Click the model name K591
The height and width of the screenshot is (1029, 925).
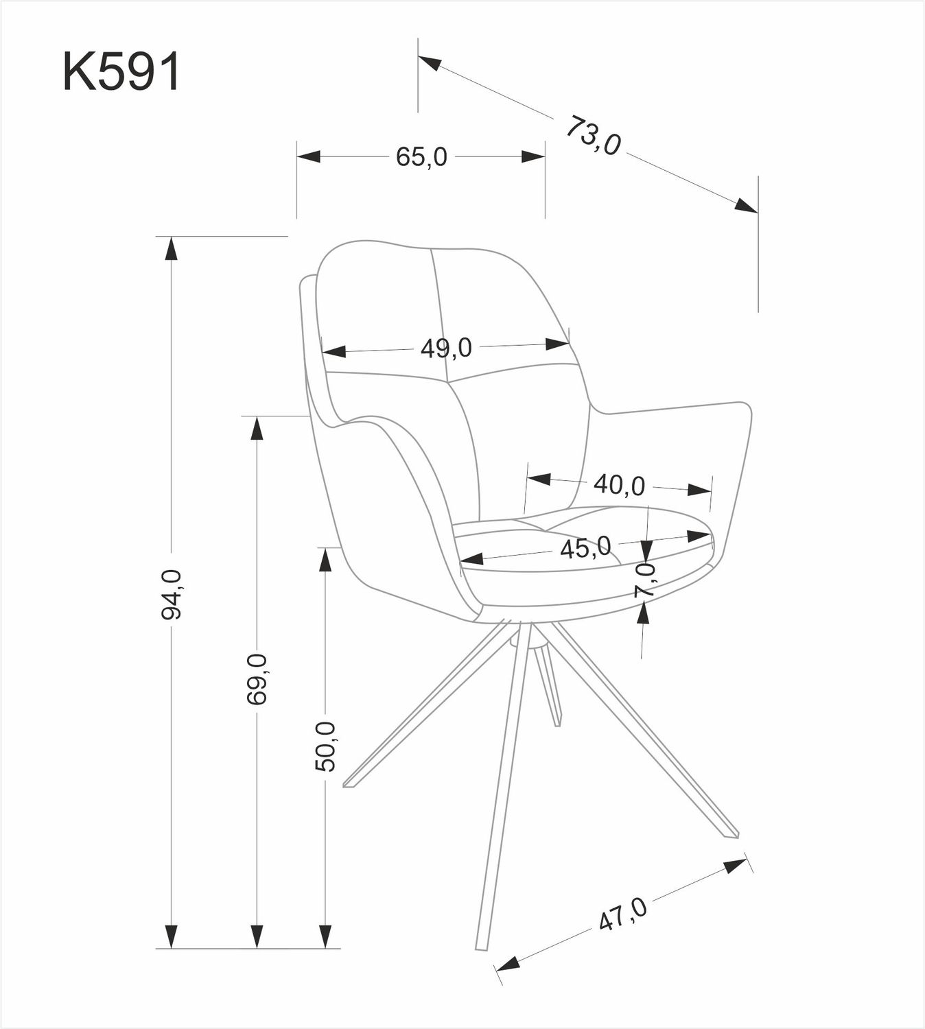[121, 72]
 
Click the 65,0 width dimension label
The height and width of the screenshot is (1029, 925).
[421, 157]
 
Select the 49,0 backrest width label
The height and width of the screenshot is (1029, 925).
[446, 348]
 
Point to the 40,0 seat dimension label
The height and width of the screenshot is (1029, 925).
[619, 485]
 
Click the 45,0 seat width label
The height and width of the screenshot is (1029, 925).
[585, 547]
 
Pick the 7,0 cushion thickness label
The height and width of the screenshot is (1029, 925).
[645, 580]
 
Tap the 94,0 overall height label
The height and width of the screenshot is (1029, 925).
[172, 594]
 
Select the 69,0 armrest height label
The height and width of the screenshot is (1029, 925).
[257, 679]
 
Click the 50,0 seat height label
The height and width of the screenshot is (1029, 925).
[325, 746]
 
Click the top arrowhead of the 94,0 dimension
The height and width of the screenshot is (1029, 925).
[172, 248]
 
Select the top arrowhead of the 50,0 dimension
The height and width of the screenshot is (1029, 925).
[325, 559]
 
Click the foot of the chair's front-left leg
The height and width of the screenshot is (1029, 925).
[349, 785]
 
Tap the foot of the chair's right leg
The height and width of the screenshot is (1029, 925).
[732, 835]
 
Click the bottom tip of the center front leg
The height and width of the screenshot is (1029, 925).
[480, 948]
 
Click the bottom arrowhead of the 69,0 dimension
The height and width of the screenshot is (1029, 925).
[257, 935]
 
